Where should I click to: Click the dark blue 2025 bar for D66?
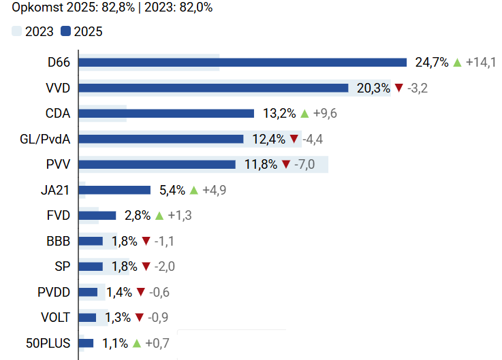point(242,63)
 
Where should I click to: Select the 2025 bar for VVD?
point(214,88)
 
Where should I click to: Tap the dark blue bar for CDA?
point(166,114)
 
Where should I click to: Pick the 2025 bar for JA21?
point(114,190)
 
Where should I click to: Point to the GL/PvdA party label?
point(46,139)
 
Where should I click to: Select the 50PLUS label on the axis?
point(48,343)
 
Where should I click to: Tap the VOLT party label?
point(55,317)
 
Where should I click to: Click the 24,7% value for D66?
point(432,63)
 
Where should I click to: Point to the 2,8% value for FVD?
point(138,216)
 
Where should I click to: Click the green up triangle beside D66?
point(457,63)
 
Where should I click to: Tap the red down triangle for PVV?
point(286,165)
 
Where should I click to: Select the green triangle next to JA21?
point(193,190)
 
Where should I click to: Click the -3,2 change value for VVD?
point(417,88)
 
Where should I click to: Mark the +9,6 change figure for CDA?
point(324,114)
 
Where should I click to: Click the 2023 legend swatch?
point(17,31)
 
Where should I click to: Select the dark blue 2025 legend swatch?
point(65,31)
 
